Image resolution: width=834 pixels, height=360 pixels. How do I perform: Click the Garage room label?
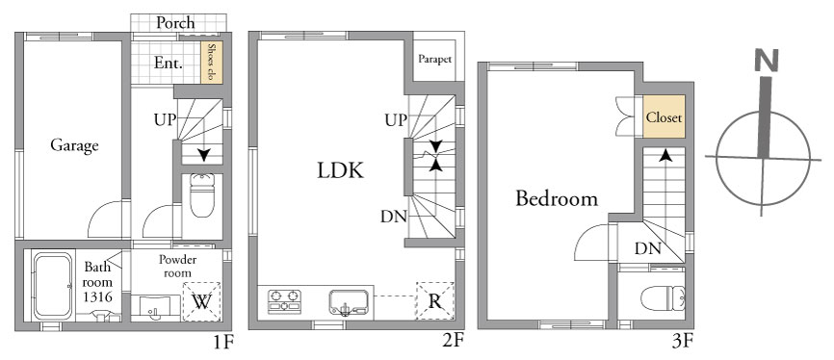(x=74, y=145)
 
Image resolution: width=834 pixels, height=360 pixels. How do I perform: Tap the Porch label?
(x=175, y=23)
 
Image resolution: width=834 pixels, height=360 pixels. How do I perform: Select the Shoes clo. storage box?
(x=211, y=63)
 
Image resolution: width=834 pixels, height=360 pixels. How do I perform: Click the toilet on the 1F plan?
(x=202, y=194)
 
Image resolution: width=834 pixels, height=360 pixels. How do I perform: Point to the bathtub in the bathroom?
(x=53, y=286)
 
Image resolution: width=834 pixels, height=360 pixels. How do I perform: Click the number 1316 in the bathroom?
(x=98, y=296)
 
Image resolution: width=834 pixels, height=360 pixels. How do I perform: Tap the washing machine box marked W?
(x=201, y=301)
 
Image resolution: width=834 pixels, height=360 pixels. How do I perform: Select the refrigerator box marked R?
(x=435, y=301)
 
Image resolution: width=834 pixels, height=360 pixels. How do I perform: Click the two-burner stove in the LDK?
(x=284, y=301)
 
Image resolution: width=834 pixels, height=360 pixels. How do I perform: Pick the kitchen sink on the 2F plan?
(x=349, y=302)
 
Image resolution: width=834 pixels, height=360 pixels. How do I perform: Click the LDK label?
(x=340, y=170)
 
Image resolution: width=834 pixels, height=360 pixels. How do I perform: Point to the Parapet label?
(x=434, y=59)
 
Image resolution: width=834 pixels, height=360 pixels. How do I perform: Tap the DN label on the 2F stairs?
(x=394, y=217)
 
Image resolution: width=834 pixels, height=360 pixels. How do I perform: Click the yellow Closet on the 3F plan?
(x=664, y=116)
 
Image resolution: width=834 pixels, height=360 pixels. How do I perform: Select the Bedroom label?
(x=557, y=199)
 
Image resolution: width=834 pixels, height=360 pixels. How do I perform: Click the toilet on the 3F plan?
(x=663, y=298)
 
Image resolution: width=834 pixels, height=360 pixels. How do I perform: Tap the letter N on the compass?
(x=767, y=60)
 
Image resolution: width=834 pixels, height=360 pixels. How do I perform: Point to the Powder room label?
(x=177, y=266)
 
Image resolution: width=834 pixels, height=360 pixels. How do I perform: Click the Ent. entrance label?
(x=169, y=64)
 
